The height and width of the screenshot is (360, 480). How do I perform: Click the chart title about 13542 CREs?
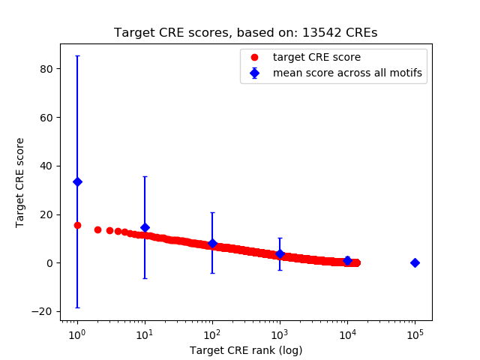(245, 33)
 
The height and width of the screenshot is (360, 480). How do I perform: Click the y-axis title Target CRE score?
(21, 182)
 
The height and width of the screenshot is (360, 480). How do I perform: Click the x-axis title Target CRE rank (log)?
(246, 350)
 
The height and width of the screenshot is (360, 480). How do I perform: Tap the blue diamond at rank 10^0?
(77, 181)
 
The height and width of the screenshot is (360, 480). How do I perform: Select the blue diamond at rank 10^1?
(145, 227)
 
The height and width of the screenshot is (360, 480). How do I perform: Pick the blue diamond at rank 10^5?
(415, 262)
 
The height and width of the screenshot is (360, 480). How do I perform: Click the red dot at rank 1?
(77, 225)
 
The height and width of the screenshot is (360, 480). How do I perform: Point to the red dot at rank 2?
(97, 229)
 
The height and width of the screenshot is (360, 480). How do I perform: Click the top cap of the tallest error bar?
(77, 55)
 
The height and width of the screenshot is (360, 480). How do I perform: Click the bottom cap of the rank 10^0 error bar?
(77, 307)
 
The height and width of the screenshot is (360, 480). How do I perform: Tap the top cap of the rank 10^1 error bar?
(145, 176)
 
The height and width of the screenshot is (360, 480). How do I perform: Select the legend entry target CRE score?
(305, 57)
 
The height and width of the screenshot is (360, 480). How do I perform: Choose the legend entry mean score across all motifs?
(346, 73)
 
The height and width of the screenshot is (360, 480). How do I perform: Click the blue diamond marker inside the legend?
(255, 73)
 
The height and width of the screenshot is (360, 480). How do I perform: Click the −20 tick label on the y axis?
(44, 311)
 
